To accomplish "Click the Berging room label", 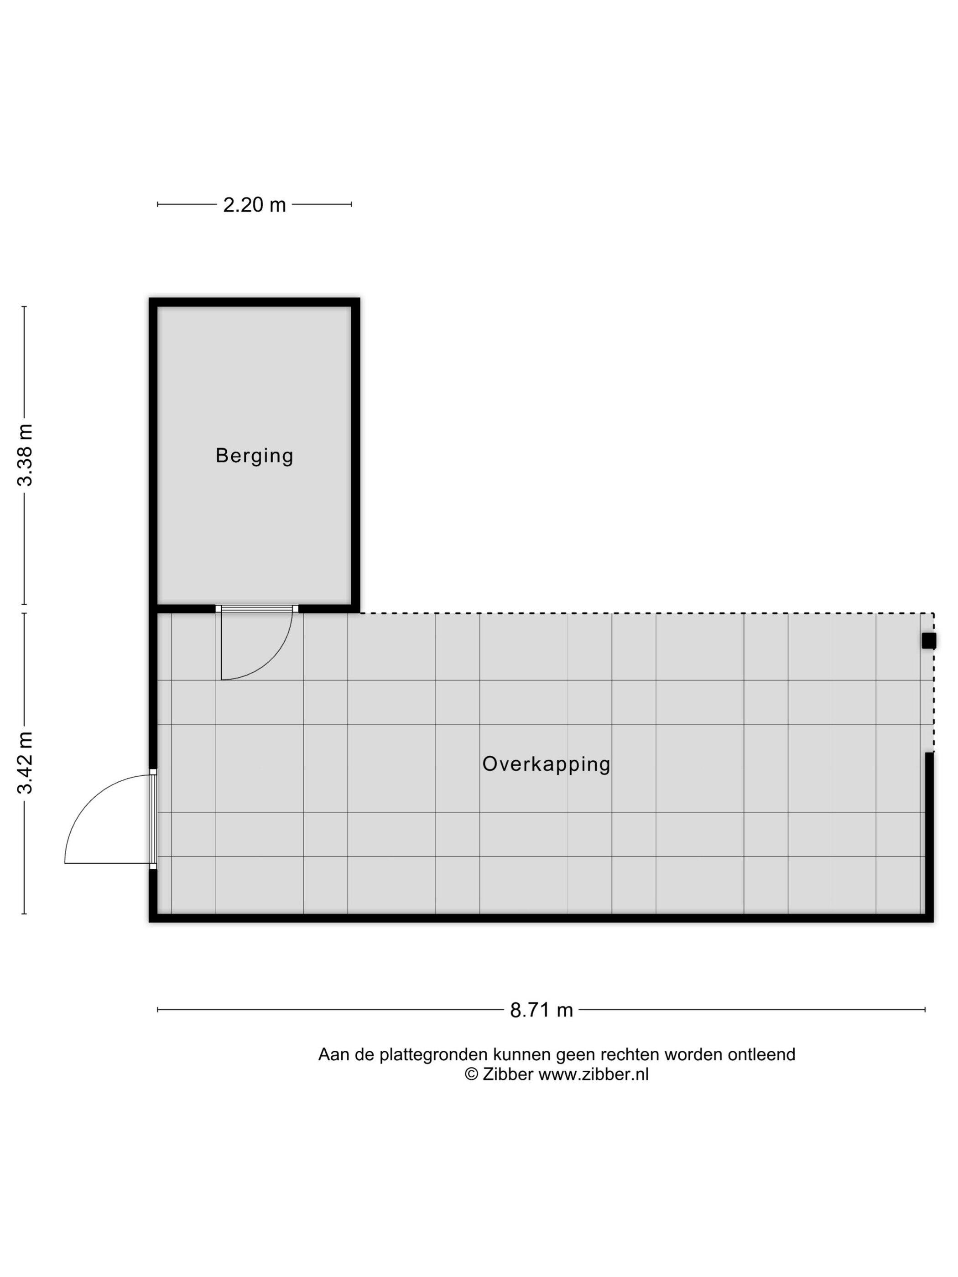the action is coord(255,456).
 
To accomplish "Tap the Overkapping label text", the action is coord(546,764).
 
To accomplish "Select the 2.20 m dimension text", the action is coord(255,205).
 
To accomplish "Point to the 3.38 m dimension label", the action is coord(25,455).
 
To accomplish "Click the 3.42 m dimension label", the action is coord(25,763).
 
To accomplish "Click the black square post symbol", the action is coord(928,641).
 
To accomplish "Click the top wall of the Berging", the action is coord(255,302).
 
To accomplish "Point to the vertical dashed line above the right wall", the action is coord(934,682).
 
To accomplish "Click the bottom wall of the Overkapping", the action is coord(541,918).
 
